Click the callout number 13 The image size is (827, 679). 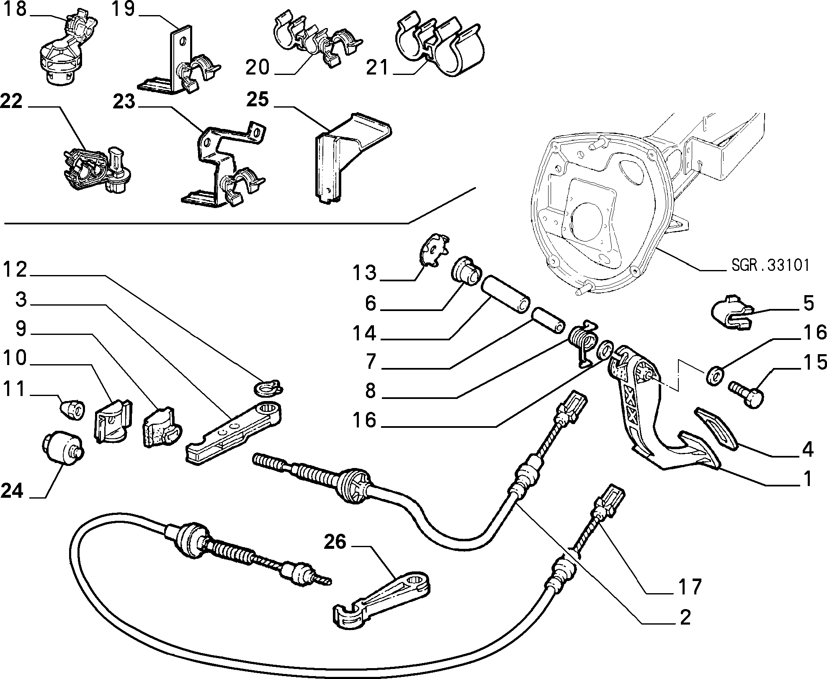tap(365, 273)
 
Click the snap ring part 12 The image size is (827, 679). tap(268, 387)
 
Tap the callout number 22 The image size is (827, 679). tap(11, 102)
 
